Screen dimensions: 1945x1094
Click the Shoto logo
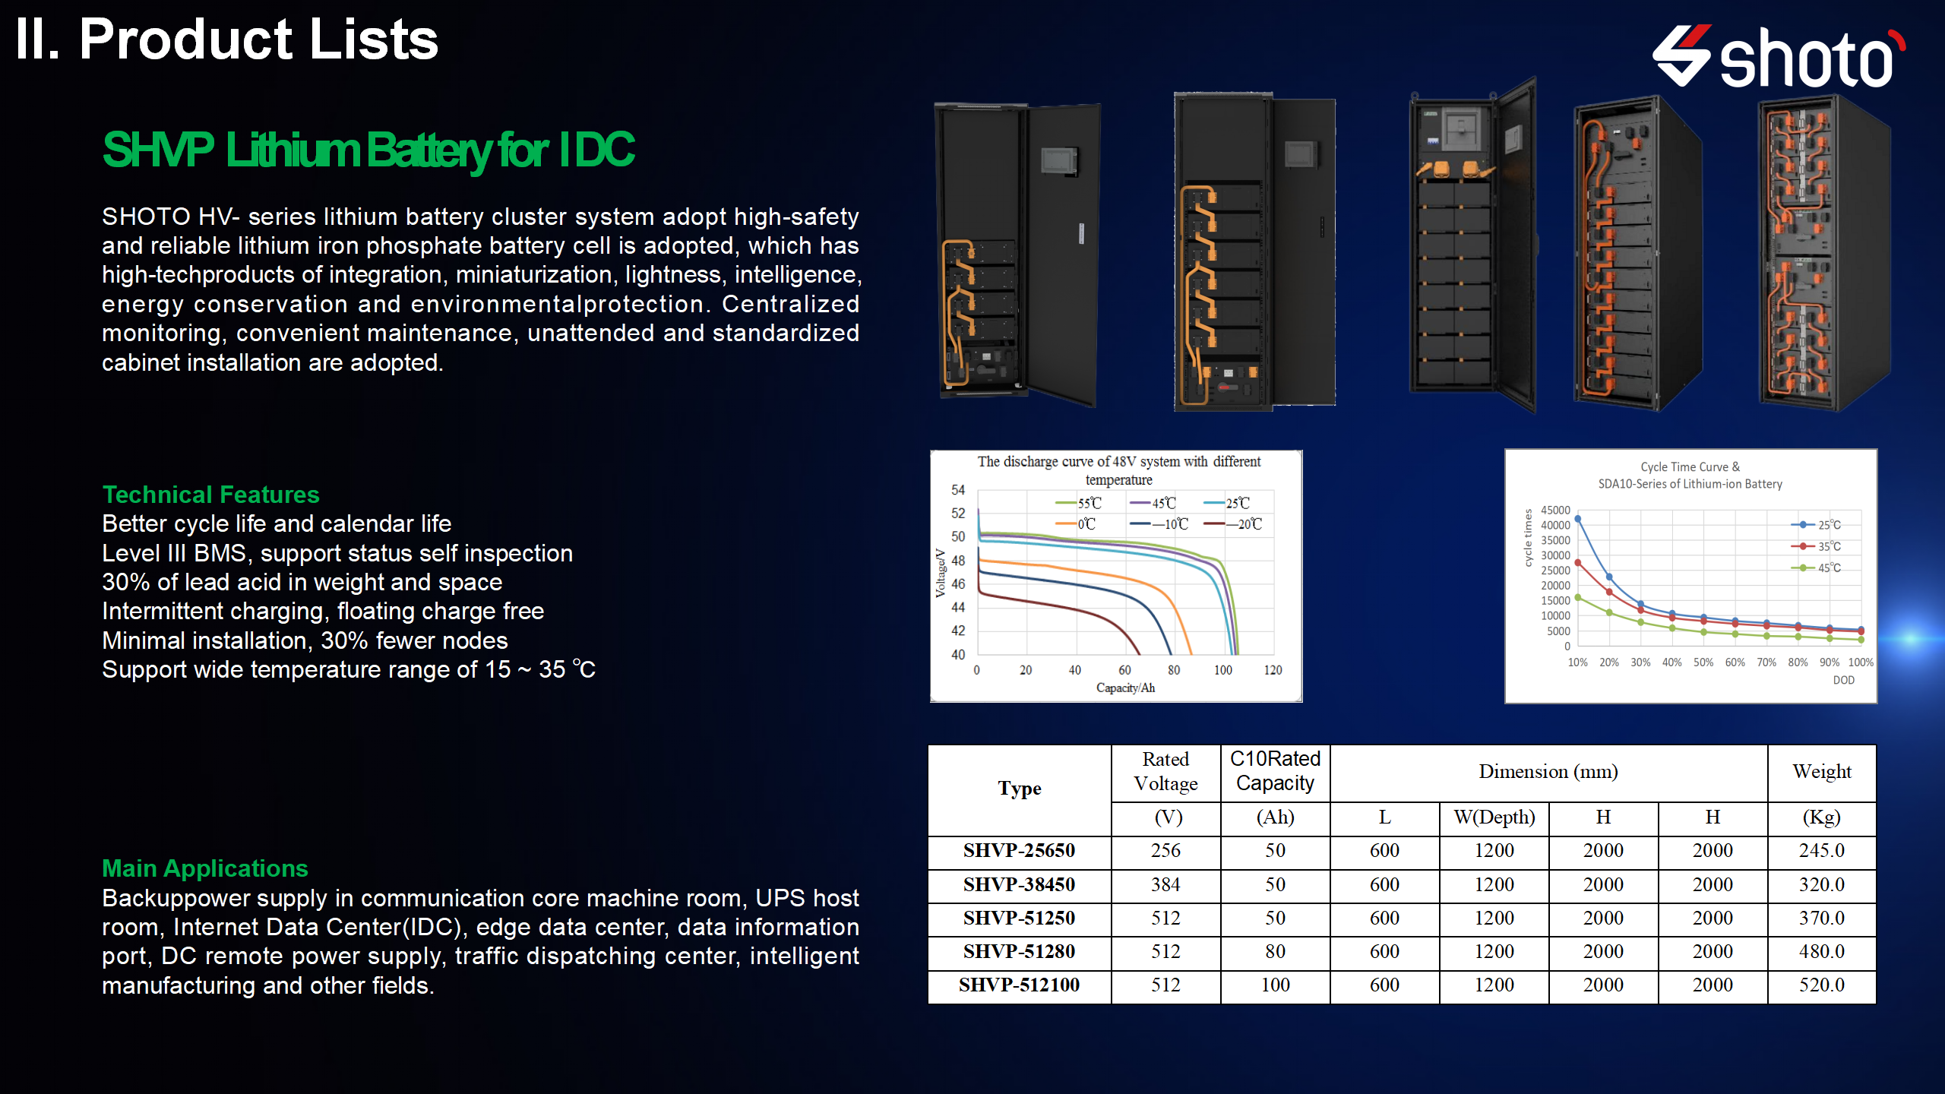1778,57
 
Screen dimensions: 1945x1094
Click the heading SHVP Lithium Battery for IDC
368,150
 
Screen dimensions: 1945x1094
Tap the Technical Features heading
210,495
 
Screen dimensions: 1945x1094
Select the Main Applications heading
205,868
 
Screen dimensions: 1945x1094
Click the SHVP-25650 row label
1019,851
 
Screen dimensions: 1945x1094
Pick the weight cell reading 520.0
1821,985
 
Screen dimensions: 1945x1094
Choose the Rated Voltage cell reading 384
1165,885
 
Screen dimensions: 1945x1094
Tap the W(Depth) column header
1494,817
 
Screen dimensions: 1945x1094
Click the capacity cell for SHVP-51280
1275,952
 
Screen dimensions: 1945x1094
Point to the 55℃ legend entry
1078,503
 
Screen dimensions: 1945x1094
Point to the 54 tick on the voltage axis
958,491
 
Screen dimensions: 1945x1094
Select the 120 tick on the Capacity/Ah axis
1273,670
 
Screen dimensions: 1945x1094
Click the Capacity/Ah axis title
1125,688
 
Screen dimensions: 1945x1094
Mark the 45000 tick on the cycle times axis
1555,511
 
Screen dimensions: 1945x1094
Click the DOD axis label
1843,681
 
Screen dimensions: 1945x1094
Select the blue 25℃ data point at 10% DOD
1578,519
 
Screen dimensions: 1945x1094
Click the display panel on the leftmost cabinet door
1058,161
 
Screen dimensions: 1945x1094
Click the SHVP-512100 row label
1019,985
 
